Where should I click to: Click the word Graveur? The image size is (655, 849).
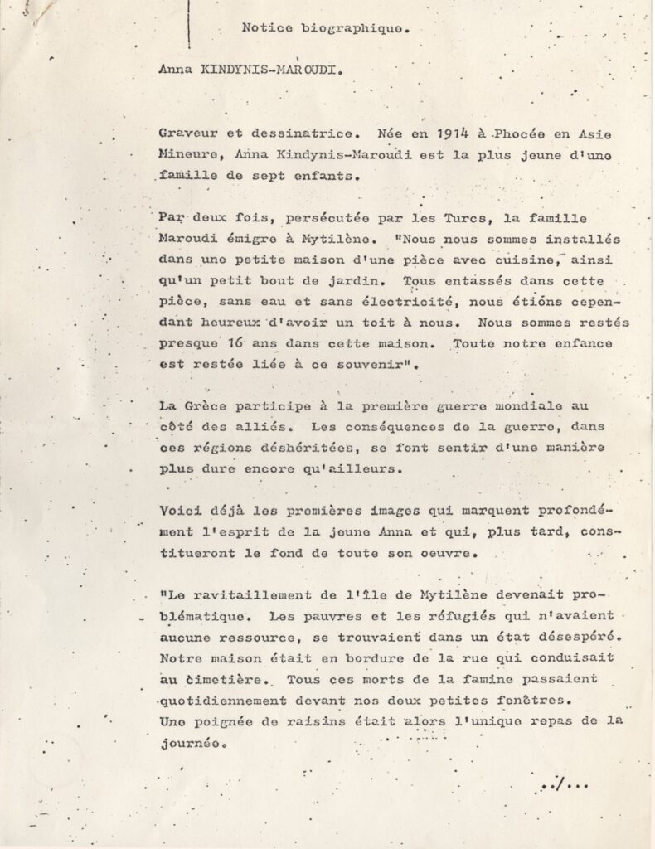[187, 132]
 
